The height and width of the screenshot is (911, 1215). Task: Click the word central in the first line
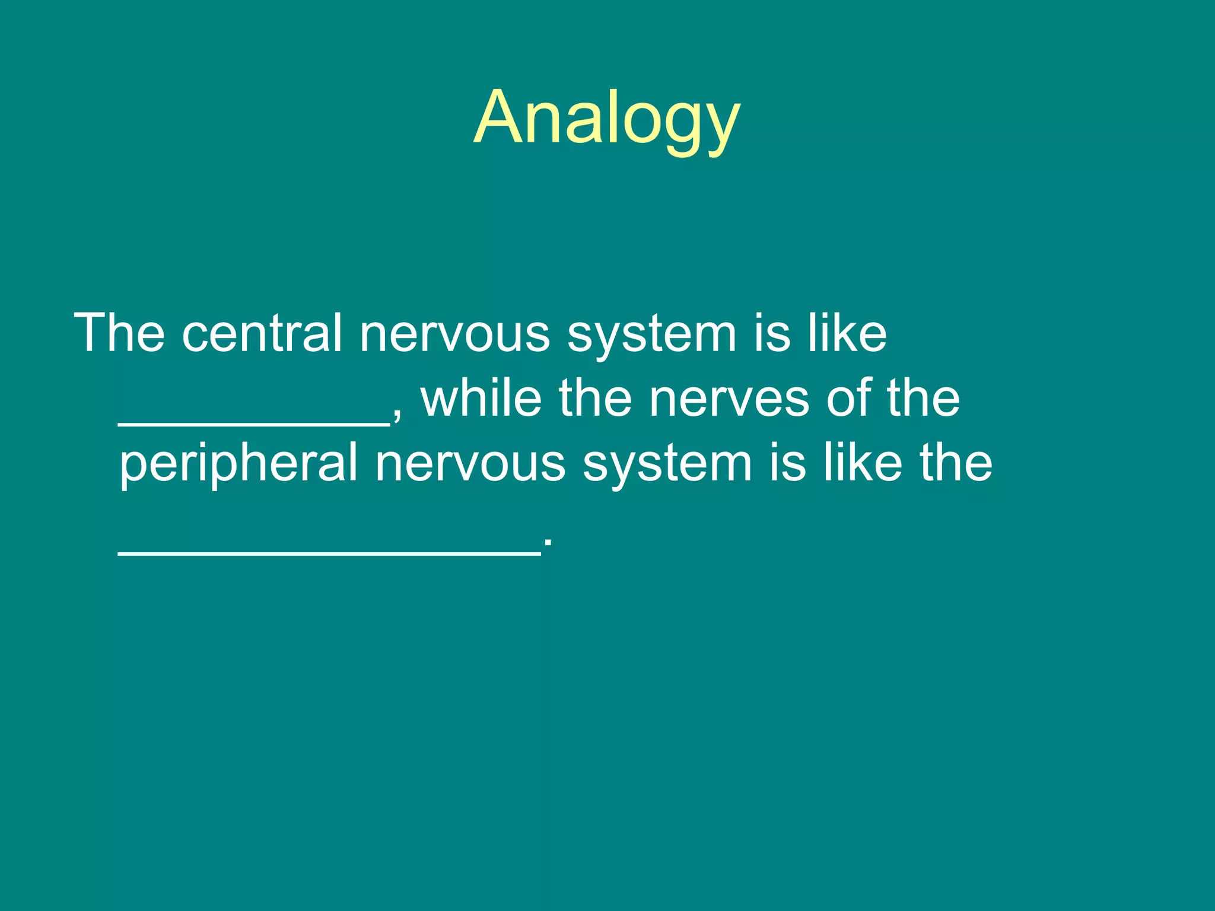[262, 333]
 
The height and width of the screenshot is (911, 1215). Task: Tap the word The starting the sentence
[119, 333]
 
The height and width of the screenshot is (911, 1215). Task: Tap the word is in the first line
[772, 333]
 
